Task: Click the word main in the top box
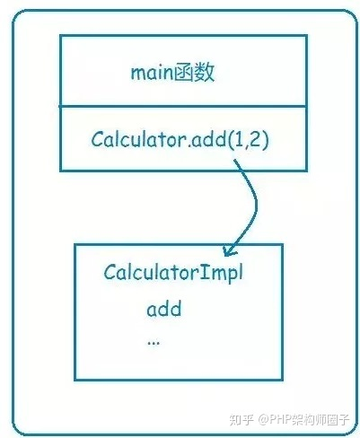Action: (152, 73)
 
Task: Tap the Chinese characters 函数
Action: (194, 73)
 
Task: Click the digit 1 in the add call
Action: (240, 139)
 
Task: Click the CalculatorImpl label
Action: (173, 272)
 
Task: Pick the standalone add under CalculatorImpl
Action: (164, 309)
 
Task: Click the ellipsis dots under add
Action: (154, 344)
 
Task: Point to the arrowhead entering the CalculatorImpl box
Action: (229, 250)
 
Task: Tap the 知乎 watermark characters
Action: (242, 420)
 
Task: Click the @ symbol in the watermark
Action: (263, 420)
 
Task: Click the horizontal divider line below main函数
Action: (183, 106)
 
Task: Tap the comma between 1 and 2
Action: (246, 145)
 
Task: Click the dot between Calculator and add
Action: (189, 145)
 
